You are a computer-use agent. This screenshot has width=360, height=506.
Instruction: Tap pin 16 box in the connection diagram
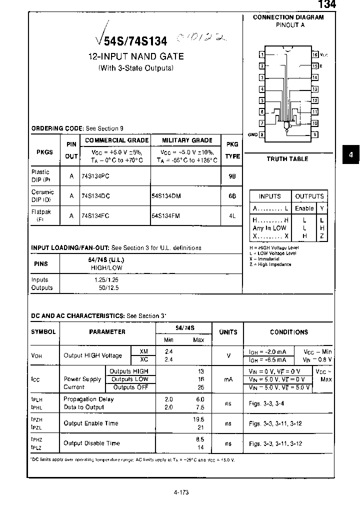(x=315, y=54)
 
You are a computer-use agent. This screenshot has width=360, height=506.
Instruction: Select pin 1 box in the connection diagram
(x=261, y=54)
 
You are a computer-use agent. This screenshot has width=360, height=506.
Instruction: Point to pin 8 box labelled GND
(x=261, y=134)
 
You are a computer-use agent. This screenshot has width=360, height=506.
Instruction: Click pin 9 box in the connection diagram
(x=315, y=134)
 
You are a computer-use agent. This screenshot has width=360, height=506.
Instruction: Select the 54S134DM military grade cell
(x=166, y=196)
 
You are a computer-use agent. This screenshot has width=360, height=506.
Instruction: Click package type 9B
(x=231, y=176)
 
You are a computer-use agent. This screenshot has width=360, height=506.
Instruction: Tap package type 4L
(x=231, y=215)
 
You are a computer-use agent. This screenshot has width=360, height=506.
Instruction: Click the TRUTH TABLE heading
(x=287, y=159)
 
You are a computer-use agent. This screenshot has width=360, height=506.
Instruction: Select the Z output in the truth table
(x=322, y=235)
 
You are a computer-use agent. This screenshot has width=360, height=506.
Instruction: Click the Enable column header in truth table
(x=304, y=208)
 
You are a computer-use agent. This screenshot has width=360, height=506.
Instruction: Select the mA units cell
(x=228, y=379)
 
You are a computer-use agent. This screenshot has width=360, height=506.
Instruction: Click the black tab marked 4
(x=350, y=155)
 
